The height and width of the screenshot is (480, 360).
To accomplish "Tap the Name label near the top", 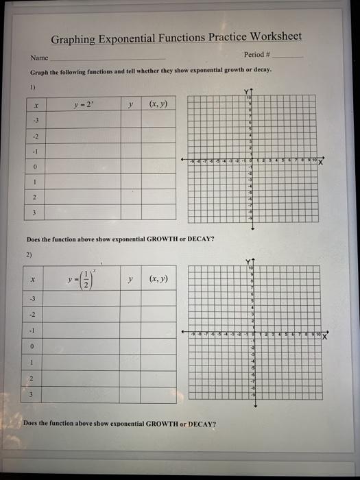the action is [x=38, y=58].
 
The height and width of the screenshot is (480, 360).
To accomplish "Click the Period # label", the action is [x=258, y=54].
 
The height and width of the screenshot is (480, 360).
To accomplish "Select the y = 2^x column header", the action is [x=85, y=105].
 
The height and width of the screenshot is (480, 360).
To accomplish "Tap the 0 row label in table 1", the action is [x=34, y=166].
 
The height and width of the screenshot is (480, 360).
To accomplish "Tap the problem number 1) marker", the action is [x=32, y=87].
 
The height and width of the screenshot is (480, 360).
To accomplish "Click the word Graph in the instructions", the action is [x=38, y=71].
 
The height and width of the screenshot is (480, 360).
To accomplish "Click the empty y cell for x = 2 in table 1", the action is [x=130, y=197].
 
